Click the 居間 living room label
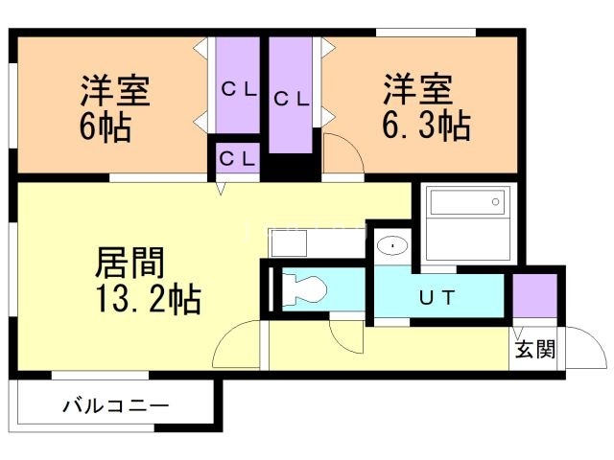pos(131,262)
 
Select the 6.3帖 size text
pos(428,126)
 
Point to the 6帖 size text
pos(106,126)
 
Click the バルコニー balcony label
pos(116,405)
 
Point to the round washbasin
pos(391,246)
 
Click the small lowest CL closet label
pos(236,157)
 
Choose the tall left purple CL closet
pos(238,88)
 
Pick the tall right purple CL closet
pos(291,96)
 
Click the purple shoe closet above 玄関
pos(534,296)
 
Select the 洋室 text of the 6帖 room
pos(115,92)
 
